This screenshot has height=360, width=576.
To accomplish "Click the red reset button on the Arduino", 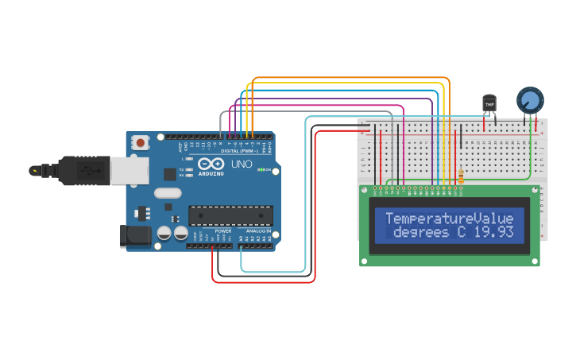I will (141, 143).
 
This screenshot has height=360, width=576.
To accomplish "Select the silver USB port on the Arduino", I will (123, 170).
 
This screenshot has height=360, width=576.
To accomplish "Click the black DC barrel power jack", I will (133, 235).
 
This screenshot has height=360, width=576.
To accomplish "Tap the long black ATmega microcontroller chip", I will (230, 215).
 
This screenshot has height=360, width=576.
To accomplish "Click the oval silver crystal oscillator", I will (168, 192).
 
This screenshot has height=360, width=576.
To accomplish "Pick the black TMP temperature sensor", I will (489, 103).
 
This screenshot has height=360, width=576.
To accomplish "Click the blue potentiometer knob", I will (530, 99).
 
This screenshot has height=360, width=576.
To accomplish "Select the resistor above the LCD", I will (462, 176).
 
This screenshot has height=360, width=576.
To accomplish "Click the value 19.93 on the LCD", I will (492, 233).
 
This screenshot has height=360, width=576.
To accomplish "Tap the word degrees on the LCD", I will (421, 233).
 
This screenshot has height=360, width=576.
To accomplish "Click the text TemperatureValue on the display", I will (450, 218).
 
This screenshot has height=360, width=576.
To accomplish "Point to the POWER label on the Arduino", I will (222, 231).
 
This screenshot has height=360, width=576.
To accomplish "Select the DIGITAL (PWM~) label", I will (239, 150).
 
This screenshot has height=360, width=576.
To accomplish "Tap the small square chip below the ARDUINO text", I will (169, 174).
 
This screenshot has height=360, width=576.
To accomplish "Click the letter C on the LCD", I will (461, 233).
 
